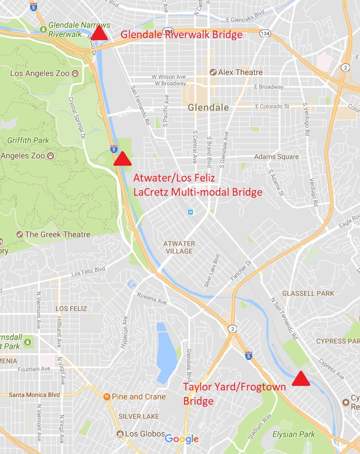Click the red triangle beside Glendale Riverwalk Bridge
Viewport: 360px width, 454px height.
[100, 34]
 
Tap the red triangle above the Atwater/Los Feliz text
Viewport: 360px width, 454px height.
[122, 160]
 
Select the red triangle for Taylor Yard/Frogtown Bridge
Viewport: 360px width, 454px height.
[301, 379]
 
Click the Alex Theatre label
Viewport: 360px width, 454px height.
[240, 72]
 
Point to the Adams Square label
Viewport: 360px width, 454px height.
[276, 157]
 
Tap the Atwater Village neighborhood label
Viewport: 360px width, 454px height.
[178, 247]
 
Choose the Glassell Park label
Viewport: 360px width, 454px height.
[308, 293]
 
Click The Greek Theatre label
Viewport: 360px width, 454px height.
[57, 234]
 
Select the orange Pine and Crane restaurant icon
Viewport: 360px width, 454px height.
[107, 397]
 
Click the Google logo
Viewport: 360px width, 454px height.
[182, 439]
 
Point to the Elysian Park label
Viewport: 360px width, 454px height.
[293, 434]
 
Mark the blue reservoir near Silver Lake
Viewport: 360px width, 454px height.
[167, 351]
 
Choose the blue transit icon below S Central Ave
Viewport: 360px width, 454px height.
[190, 212]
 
